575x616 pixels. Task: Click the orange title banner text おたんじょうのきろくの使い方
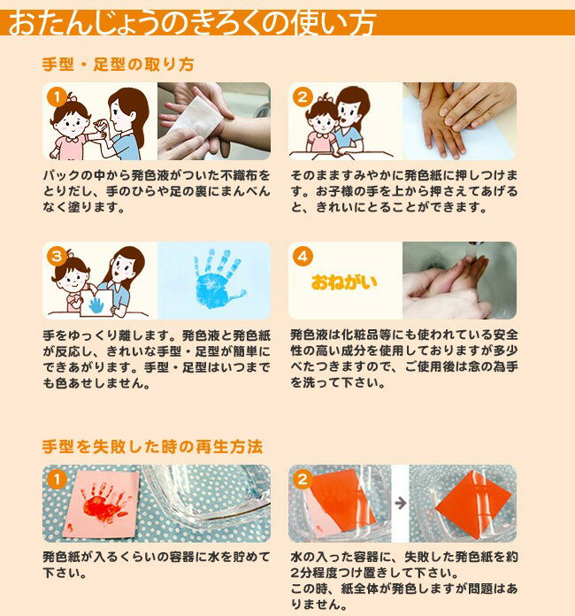[x=193, y=23]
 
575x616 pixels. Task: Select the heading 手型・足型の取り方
[x=119, y=65]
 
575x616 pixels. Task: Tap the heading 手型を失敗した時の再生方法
[x=152, y=447]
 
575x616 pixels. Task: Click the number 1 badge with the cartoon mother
[x=57, y=97]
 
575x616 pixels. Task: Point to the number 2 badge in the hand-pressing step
[x=303, y=97]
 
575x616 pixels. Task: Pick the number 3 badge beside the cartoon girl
[x=57, y=257]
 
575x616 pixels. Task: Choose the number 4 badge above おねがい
[x=303, y=257]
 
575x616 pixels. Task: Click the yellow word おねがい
[x=344, y=282]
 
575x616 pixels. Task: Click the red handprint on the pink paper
[x=105, y=502]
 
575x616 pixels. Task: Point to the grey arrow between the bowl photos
[x=400, y=503]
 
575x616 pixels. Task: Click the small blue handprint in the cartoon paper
[x=96, y=304]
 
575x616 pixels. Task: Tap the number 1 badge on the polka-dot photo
[x=57, y=480]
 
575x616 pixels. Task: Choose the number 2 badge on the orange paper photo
[x=303, y=480]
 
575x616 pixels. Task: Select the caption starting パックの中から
[x=157, y=191]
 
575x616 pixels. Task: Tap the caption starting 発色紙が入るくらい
[x=157, y=565]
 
